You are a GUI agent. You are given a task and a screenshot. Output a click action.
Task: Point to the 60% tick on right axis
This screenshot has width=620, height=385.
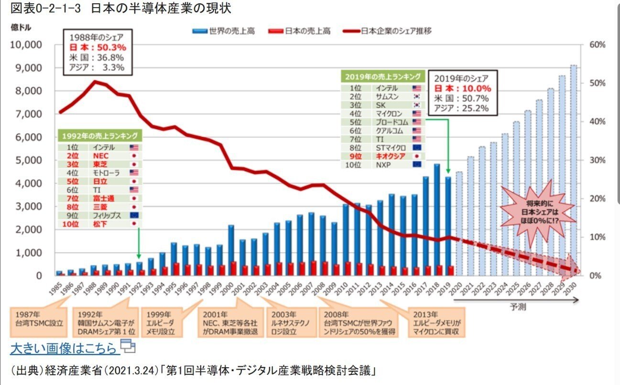click(598, 44)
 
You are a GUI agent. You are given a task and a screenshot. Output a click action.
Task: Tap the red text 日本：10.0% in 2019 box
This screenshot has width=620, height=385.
click(462, 89)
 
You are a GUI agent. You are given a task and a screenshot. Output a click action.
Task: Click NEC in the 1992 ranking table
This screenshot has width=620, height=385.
click(98, 156)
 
